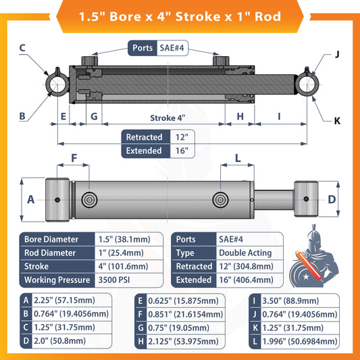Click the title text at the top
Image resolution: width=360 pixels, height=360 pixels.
click(180, 15)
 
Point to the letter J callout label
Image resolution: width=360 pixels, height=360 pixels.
click(336, 55)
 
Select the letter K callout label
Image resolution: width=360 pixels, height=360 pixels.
click(336, 122)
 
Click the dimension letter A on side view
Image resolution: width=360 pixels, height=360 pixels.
click(30, 200)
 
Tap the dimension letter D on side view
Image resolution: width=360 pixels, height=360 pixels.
click(332, 199)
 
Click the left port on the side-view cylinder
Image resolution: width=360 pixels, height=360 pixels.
click(89, 200)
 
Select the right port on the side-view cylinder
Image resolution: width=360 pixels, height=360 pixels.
click(221, 200)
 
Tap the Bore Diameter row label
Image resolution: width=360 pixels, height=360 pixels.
click(51, 239)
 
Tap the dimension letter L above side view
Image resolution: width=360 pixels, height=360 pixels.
click(238, 159)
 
